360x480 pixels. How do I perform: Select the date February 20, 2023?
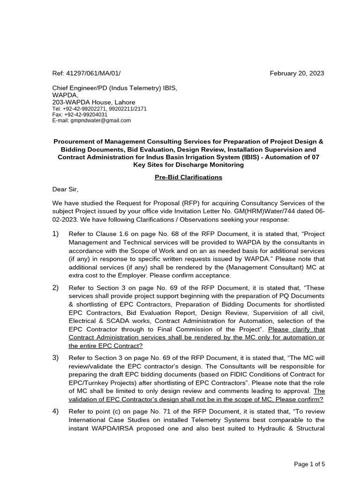[297, 74]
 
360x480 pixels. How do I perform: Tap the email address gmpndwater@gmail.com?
[101, 120]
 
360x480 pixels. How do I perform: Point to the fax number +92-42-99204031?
[85, 114]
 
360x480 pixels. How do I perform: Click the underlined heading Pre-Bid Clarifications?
[188, 178]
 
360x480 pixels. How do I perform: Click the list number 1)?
[56, 233]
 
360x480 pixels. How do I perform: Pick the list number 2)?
[56, 288]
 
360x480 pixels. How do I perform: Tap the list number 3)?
[56, 358]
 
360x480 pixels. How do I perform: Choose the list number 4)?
[56, 412]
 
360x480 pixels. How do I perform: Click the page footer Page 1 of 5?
[309, 464]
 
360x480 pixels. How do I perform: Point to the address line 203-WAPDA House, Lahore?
[94, 102]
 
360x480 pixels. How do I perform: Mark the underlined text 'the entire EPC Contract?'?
[105, 345]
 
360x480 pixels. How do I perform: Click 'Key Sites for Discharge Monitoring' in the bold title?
[188, 165]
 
